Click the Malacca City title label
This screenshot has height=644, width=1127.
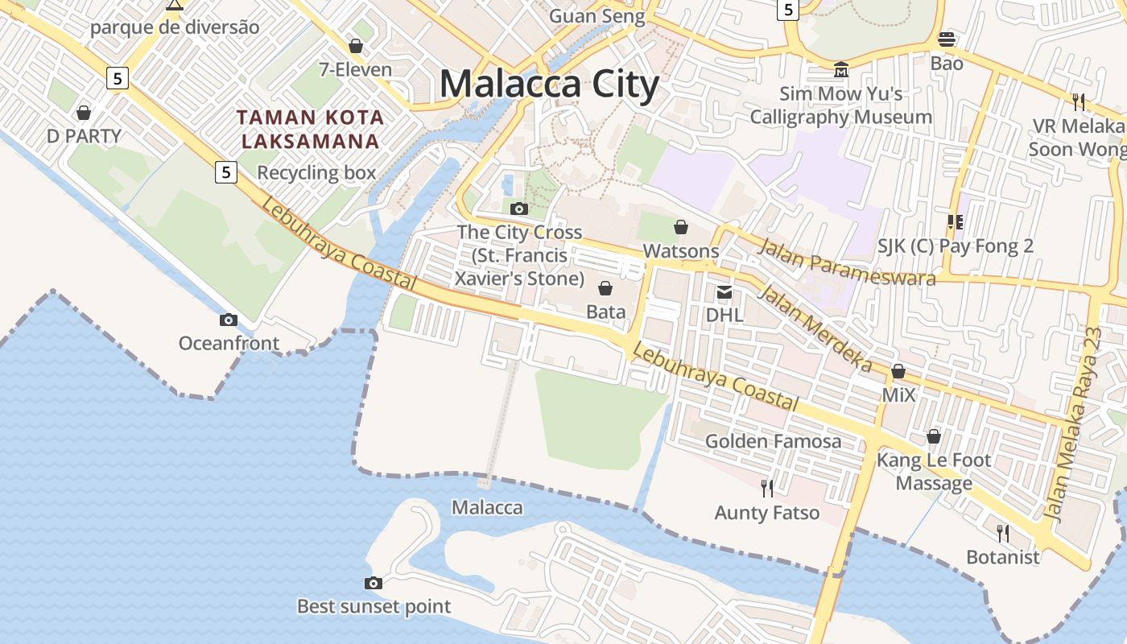point(549,85)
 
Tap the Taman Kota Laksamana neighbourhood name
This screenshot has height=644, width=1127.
point(310,129)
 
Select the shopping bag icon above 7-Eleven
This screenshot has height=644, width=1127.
point(355,47)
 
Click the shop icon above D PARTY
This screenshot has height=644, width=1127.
point(84,113)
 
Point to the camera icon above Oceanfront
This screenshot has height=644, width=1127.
point(229,320)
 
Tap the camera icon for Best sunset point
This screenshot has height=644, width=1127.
point(374,583)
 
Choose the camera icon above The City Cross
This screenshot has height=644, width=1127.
point(519,209)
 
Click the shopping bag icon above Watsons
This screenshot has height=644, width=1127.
point(681,227)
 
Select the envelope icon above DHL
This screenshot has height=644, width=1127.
point(724,291)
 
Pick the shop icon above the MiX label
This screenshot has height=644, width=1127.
point(898,372)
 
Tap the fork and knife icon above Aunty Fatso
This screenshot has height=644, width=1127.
point(767,488)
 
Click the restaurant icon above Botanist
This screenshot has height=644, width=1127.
point(1003,533)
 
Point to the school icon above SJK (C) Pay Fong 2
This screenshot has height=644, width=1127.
point(956,222)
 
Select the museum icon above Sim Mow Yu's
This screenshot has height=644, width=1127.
point(841,70)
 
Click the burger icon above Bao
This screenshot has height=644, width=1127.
point(947,39)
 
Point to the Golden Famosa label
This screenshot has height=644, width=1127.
point(773,441)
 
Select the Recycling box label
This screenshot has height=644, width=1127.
point(316,172)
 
